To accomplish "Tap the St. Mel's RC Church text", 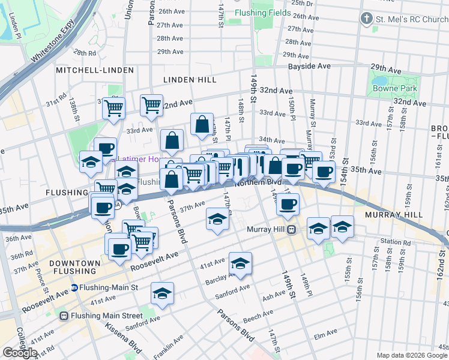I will pyautogui.click(x=412, y=19).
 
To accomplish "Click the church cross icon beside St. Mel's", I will pyautogui.click(x=366, y=19).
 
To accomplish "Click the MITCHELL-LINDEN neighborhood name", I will pyautogui.click(x=95, y=70).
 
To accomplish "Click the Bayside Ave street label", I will pyautogui.click(x=309, y=66).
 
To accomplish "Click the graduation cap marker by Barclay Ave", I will pyautogui.click(x=240, y=263).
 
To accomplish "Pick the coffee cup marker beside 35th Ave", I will pyautogui.click(x=324, y=172).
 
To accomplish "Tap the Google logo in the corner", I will pyautogui.click(x=20, y=353).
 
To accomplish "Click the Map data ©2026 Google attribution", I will pyautogui.click(x=411, y=355).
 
